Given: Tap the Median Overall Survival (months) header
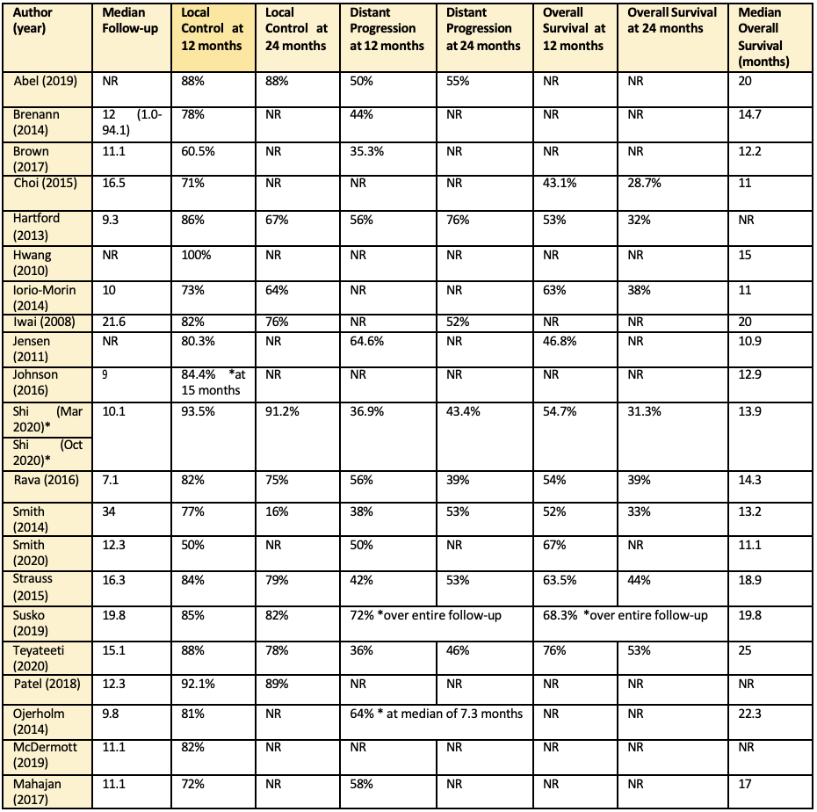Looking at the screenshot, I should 763,38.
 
